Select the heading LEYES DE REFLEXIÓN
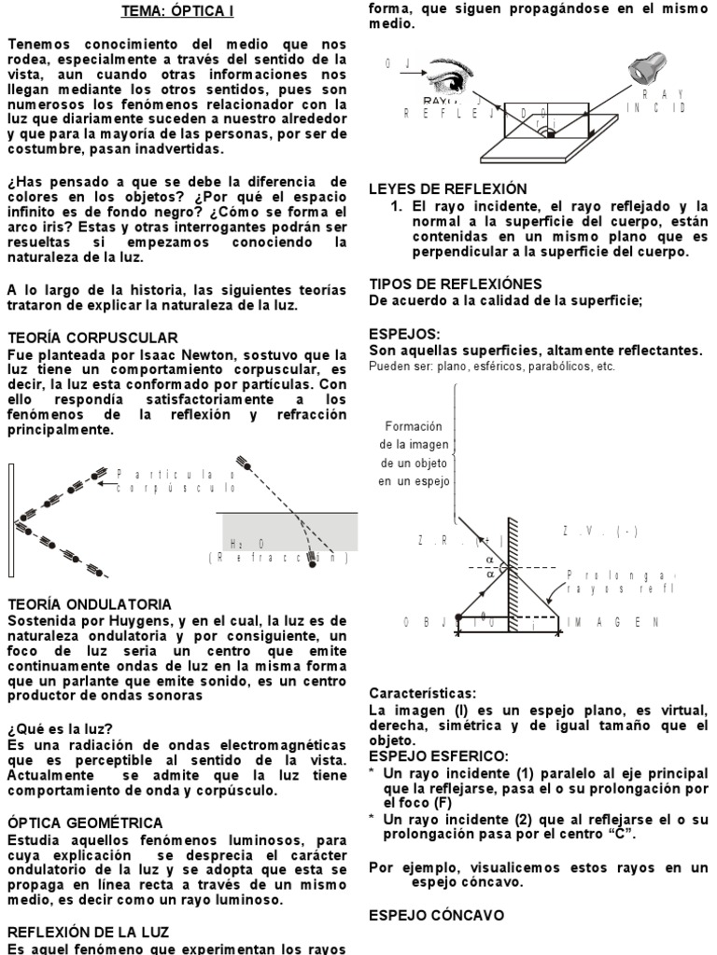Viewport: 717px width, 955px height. [448, 188]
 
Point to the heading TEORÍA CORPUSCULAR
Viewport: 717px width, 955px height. [92, 337]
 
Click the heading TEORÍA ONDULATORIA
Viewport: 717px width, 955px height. [90, 604]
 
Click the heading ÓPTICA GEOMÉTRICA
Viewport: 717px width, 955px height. [86, 823]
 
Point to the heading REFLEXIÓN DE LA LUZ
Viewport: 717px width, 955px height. [90, 931]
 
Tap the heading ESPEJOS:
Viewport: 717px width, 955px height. [404, 333]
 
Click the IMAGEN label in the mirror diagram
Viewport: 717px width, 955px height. [613, 622]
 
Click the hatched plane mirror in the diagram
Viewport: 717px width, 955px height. [513, 569]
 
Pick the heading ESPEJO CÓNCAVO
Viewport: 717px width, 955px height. [437, 915]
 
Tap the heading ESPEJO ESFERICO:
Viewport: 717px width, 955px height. [439, 755]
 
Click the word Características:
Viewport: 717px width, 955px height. [422, 694]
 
